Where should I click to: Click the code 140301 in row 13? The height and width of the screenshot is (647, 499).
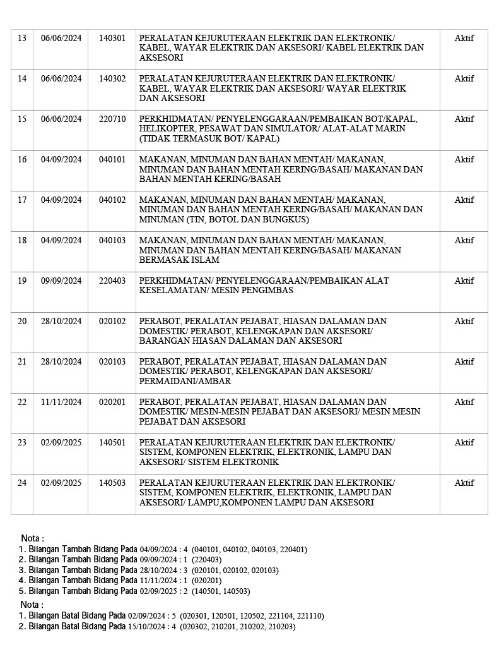click(112, 38)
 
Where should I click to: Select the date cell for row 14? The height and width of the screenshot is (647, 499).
click(61, 78)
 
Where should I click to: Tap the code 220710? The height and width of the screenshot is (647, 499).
click(112, 119)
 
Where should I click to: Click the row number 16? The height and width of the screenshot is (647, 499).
click(22, 159)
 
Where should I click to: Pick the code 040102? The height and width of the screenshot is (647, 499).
click(112, 200)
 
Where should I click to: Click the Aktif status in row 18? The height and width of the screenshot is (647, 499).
click(464, 240)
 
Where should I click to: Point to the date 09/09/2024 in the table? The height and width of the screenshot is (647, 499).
click(61, 281)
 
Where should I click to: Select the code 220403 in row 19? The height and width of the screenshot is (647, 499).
click(112, 281)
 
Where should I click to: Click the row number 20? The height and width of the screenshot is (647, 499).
click(22, 321)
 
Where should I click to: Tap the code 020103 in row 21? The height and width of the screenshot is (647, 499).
click(112, 361)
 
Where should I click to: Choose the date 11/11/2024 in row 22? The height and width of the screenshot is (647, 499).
click(61, 402)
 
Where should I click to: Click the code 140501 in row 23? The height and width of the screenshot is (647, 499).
click(112, 442)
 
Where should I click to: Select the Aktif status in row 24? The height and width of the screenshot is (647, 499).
click(464, 483)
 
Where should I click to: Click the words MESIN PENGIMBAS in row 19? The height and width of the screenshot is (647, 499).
click(257, 291)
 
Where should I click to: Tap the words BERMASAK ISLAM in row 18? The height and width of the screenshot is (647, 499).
click(179, 260)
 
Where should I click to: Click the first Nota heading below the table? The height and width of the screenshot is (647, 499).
click(33, 538)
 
